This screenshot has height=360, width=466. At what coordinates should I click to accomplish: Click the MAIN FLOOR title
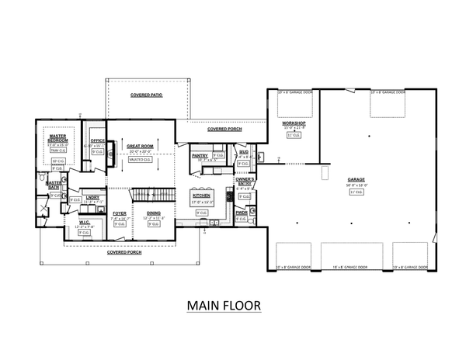[223, 305]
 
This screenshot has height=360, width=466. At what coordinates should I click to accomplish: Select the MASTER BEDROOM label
[58, 138]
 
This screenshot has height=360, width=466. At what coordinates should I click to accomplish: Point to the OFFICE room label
[97, 140]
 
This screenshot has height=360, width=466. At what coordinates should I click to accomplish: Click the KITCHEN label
[202, 196]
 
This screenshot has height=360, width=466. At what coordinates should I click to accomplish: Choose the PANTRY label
[199, 155]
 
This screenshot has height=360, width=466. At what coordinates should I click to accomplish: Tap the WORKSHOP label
[294, 124]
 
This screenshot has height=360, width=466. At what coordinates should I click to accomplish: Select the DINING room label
[153, 213]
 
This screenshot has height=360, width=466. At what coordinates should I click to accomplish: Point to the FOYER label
[120, 213]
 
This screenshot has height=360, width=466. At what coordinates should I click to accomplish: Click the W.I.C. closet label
[85, 226]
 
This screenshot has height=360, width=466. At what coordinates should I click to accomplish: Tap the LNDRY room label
[92, 197]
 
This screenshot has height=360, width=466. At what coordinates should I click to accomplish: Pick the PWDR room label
[242, 212]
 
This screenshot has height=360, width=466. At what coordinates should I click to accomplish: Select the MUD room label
[244, 152]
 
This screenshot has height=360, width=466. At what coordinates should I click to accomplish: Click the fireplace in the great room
[112, 150]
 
